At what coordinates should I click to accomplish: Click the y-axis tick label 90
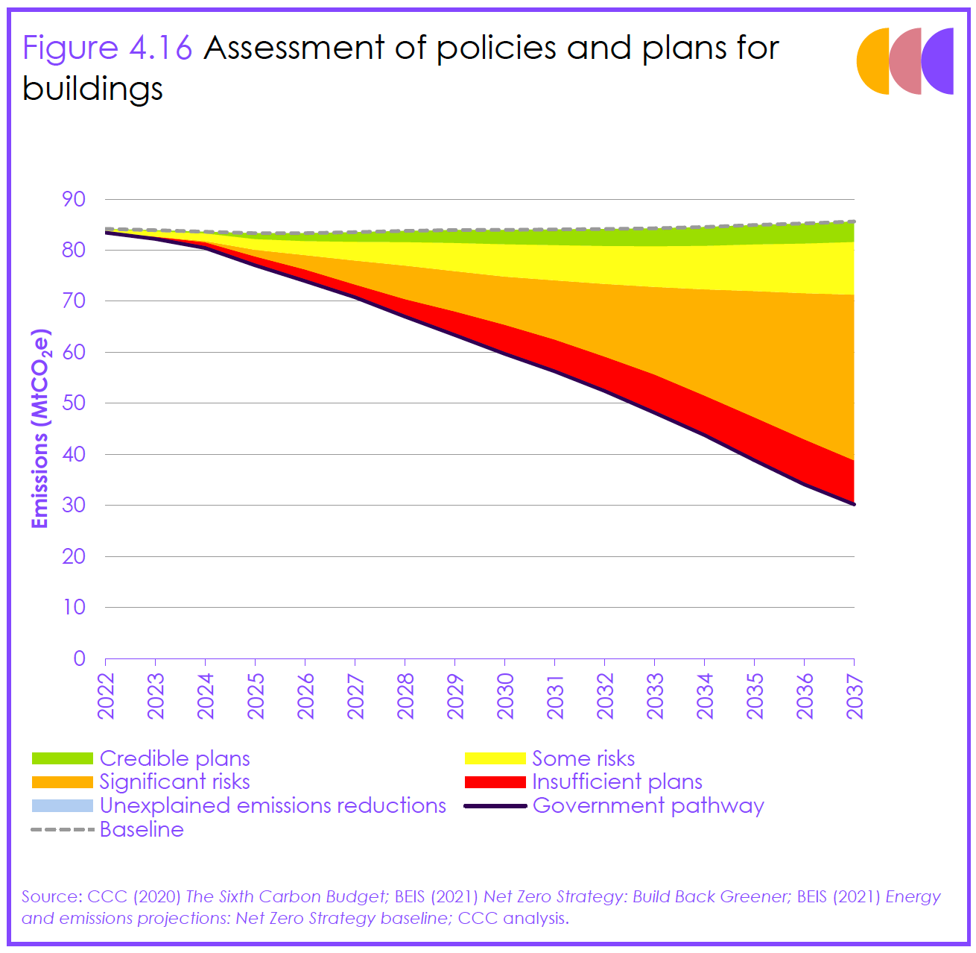(74, 200)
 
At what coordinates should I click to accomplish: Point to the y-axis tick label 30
(74, 505)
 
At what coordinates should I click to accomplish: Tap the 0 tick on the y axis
(79, 658)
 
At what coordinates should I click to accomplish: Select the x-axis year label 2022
(107, 696)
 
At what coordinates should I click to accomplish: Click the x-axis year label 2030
(506, 696)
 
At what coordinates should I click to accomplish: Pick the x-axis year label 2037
(855, 696)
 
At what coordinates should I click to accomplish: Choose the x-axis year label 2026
(306, 696)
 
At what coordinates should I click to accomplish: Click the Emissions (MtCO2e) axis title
(40, 429)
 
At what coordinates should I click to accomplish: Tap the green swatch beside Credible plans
(63, 759)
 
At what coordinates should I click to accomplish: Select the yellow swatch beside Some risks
(495, 759)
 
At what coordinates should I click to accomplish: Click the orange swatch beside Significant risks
(63, 782)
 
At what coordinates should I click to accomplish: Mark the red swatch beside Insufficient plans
(495, 782)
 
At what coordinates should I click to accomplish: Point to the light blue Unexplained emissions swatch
(63, 806)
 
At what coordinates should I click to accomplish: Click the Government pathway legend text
(648, 806)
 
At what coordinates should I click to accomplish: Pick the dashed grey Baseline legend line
(63, 829)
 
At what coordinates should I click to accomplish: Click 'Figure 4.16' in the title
(107, 48)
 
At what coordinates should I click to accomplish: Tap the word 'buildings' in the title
(92, 89)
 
